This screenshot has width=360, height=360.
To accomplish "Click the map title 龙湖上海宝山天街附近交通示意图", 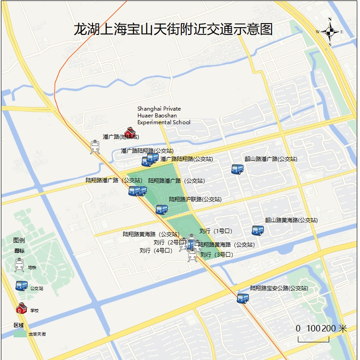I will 173,29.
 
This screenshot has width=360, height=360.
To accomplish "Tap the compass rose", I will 330,32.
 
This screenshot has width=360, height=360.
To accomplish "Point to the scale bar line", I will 313,339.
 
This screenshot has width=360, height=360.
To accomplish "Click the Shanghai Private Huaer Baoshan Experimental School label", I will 164,116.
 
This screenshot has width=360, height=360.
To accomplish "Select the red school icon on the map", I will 130,132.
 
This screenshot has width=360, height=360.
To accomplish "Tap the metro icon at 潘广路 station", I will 95,147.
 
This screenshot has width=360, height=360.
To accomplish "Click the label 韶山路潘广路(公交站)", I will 271,159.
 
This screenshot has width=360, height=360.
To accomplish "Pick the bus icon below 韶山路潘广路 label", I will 238,169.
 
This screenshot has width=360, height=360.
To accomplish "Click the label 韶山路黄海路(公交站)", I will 291,220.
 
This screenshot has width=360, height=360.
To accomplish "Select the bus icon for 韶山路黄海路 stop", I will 258,230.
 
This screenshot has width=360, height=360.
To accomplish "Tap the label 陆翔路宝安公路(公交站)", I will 279,288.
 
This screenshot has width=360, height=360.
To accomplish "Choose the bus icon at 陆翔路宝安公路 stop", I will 243,298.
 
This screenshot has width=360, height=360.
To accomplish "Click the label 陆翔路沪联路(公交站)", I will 195,199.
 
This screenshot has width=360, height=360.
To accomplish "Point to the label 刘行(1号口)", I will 216,231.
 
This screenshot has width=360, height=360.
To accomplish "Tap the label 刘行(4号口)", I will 156,250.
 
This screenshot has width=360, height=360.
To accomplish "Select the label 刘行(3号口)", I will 216,255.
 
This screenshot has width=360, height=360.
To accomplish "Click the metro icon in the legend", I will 19,264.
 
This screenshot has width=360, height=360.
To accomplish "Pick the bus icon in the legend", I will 21,286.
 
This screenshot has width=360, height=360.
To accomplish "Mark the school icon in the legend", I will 21,308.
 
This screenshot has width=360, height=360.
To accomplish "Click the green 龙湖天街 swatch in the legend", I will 20,334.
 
